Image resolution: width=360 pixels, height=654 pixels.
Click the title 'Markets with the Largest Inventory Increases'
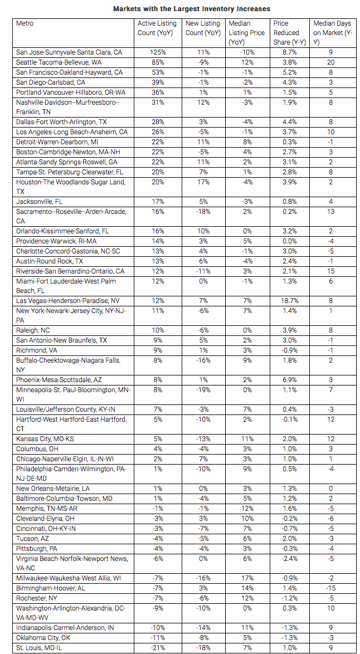click(191, 9)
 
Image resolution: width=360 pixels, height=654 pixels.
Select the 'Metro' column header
click(25, 23)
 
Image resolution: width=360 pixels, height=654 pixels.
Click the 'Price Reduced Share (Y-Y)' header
click(288, 32)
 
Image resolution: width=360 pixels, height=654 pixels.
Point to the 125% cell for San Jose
click(157, 52)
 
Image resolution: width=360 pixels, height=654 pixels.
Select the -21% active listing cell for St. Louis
click(157, 647)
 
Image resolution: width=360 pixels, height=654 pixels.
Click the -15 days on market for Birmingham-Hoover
click(331, 588)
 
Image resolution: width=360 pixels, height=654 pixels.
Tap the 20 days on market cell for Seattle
click(330, 62)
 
